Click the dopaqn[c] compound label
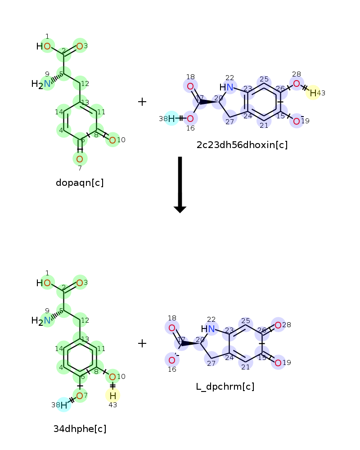tap(80, 183)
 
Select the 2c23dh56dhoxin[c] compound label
tap(242, 145)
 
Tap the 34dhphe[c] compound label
tap(80, 429)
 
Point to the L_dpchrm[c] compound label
tap(225, 387)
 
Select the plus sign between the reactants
tap(142, 102)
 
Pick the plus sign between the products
tap(142, 344)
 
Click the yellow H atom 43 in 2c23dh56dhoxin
tap(313, 93)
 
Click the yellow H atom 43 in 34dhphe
tap(112, 396)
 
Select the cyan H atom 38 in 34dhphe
tap(64, 405)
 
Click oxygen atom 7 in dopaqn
tap(80, 158)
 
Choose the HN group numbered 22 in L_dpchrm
tap(208, 329)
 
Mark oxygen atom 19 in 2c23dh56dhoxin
tap(296, 121)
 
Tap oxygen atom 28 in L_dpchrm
tap(278, 325)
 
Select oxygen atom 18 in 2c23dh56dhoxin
tap(190, 86)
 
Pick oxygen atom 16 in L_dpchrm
tap(172, 360)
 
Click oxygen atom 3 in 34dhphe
tap(80, 283)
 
